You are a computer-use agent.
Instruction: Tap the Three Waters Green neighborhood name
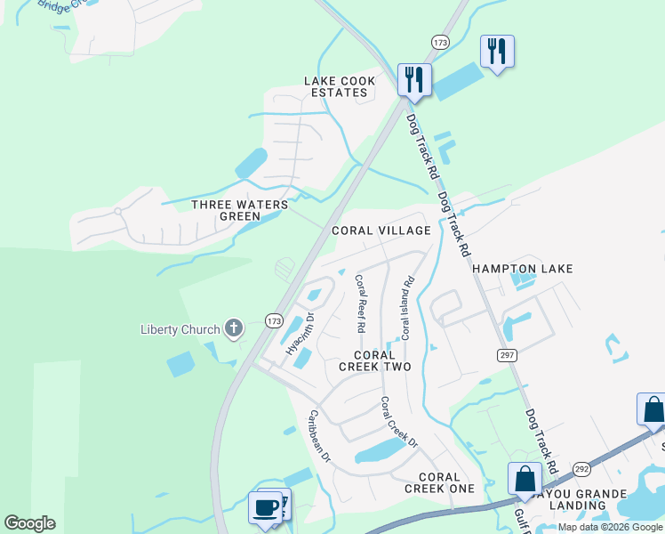240,210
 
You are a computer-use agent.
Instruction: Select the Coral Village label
381,231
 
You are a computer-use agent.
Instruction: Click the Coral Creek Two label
380,360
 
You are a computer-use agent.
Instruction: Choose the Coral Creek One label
440,482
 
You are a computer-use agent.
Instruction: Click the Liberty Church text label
180,330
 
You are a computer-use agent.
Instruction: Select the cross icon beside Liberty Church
233,329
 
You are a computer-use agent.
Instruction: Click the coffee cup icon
265,507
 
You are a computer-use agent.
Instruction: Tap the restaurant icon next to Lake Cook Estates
414,79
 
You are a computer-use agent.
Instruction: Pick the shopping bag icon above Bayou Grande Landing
525,478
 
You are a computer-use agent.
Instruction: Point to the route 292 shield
581,466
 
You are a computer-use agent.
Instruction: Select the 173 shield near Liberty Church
274,320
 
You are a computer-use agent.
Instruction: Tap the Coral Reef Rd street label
360,303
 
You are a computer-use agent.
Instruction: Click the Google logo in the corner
30,523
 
